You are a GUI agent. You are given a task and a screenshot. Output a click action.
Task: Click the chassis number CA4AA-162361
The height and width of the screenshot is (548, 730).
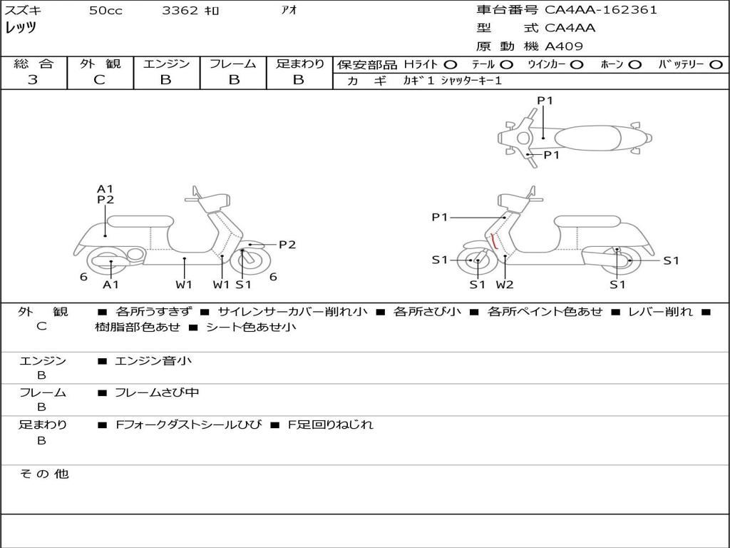point(600,10)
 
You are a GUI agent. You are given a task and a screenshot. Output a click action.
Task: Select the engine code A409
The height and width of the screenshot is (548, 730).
point(564,46)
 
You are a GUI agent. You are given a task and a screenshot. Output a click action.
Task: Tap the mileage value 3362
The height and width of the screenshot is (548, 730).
point(180,10)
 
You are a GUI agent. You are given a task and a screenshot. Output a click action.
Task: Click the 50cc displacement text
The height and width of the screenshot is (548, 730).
point(106,10)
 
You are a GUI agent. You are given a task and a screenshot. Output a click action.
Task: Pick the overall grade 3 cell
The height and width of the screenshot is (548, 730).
point(33,80)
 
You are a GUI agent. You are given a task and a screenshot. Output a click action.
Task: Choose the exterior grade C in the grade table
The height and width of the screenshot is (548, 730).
point(99,80)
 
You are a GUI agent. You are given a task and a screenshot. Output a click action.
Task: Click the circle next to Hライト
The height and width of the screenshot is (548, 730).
point(451,65)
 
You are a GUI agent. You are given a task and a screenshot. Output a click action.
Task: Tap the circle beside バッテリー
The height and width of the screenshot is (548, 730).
point(716,65)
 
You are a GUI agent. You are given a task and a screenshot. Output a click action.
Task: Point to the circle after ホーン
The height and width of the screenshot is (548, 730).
point(634,65)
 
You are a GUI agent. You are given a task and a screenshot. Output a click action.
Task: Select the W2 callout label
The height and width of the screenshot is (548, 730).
point(505,284)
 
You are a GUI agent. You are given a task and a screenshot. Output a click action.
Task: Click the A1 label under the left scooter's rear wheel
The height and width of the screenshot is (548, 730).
point(110,284)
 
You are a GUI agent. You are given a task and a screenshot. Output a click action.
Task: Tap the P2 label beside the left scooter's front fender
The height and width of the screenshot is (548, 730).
point(287,245)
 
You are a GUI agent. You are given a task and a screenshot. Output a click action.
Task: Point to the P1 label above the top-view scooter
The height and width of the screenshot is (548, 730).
point(545,101)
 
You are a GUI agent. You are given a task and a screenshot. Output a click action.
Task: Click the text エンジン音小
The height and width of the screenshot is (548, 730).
point(153,360)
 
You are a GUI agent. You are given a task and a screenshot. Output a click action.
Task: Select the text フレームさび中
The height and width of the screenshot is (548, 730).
point(157,393)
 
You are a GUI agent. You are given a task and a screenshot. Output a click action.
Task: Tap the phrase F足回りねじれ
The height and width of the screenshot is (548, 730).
point(330,425)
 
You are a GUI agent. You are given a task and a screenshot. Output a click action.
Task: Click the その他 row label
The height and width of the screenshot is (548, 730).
point(43,474)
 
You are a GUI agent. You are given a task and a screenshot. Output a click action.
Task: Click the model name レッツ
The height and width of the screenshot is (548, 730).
point(21,28)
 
